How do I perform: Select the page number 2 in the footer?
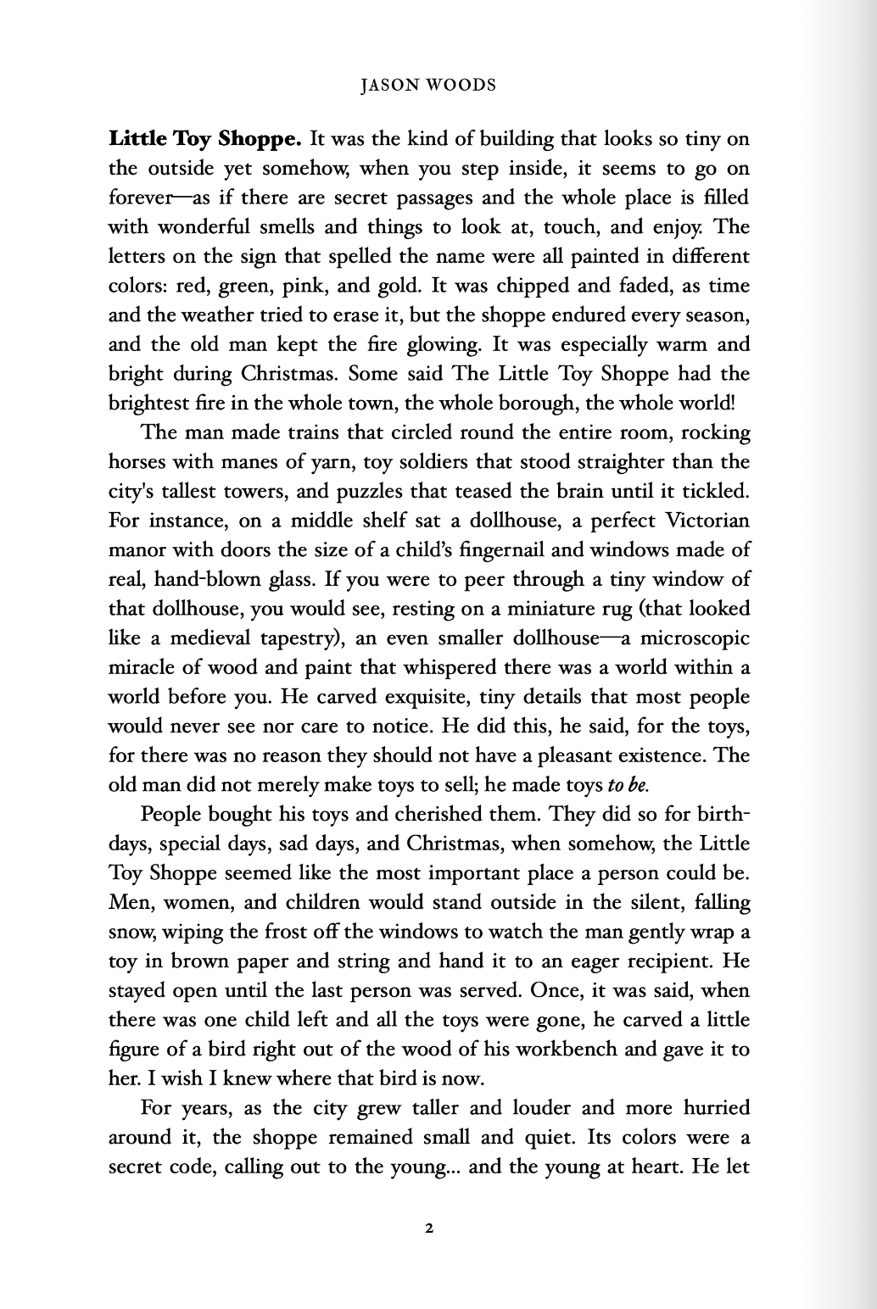430,1228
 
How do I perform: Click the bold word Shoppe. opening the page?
254,138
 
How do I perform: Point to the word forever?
138,198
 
